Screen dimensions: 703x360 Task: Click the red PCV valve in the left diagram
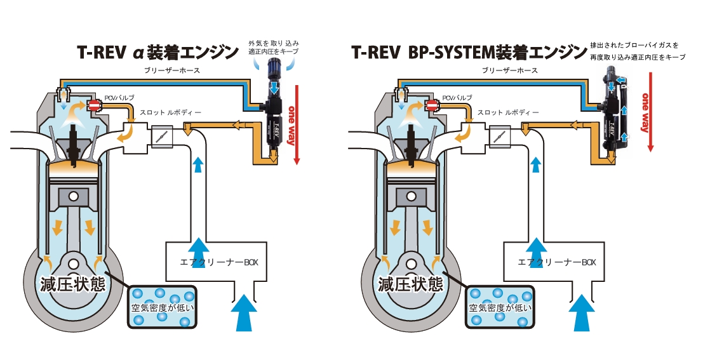[95, 106]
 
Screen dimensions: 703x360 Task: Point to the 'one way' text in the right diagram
[646, 112]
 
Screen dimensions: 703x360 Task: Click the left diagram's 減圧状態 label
[72, 284]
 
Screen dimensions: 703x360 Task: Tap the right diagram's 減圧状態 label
[411, 284]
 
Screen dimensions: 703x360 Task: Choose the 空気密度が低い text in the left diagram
[163, 308]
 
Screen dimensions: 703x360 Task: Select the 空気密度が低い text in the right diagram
[500, 308]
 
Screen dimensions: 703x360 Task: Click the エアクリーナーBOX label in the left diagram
[219, 262]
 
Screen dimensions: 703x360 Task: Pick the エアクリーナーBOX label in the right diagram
[558, 262]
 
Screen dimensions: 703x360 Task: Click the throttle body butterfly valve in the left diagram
[159, 135]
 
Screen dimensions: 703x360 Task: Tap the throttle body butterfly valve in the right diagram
[497, 135]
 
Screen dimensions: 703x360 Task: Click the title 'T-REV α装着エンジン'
[158, 52]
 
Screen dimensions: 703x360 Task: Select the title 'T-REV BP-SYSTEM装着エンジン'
[469, 52]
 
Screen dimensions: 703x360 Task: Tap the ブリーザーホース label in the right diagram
[510, 70]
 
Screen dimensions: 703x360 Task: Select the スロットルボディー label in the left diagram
[170, 112]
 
